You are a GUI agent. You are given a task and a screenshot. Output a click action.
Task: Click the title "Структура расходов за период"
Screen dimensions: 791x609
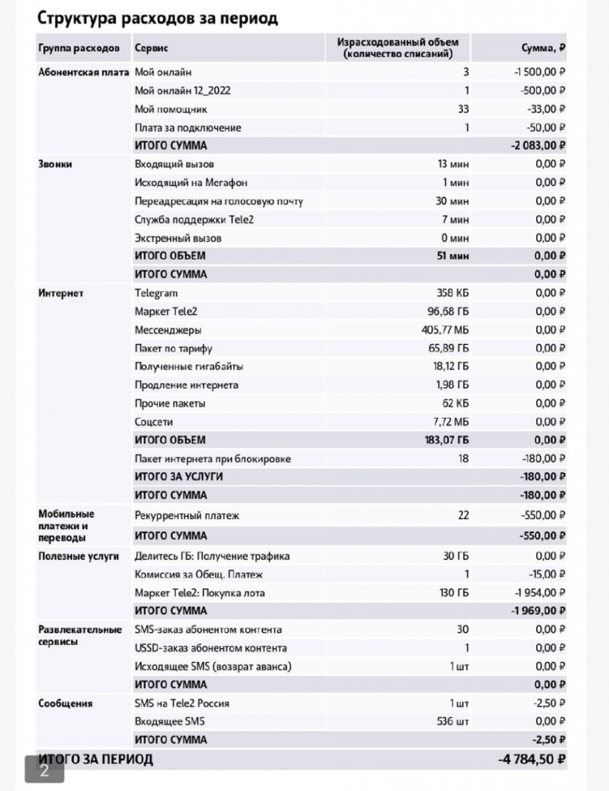tap(158, 18)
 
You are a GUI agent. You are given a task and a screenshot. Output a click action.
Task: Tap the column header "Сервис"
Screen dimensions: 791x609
tap(151, 49)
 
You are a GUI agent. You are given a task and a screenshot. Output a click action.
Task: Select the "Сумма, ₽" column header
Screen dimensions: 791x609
tap(544, 49)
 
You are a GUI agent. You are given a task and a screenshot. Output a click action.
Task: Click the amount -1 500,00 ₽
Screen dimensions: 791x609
tap(534, 72)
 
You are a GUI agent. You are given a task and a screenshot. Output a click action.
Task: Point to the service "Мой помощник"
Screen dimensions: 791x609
tap(171, 109)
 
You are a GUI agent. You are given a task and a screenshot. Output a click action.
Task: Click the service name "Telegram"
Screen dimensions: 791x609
tap(156, 293)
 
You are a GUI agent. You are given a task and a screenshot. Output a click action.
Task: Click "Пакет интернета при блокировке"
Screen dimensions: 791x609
tap(213, 459)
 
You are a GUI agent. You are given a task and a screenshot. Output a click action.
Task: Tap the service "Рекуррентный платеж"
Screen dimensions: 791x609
tap(187, 514)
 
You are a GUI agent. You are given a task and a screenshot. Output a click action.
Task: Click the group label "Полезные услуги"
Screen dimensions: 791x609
tap(78, 556)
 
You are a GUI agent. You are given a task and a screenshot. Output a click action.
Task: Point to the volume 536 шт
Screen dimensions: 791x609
tap(452, 721)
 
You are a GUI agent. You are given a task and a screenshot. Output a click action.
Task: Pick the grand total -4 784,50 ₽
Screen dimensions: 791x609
tap(532, 759)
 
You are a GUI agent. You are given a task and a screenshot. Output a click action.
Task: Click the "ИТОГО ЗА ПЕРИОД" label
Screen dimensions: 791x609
tap(96, 759)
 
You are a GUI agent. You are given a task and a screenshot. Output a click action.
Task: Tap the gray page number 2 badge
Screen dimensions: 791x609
tap(44, 769)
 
